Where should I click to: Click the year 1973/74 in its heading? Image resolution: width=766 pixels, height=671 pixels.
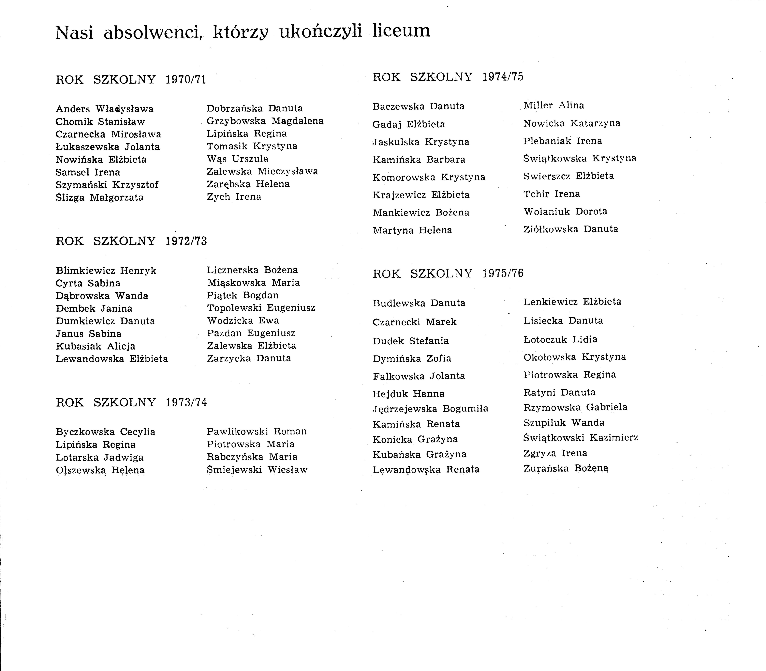186,402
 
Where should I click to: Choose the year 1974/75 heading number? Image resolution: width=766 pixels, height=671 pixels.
503,77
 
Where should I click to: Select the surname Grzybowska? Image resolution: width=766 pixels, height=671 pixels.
236,121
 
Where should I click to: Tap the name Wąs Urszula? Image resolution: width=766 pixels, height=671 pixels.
238,159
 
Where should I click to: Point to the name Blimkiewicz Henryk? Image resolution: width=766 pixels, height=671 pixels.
106,271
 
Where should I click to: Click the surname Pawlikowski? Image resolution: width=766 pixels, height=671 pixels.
237,431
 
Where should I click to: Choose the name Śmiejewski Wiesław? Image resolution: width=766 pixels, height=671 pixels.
257,470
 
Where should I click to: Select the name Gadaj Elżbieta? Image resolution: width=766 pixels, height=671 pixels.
409,124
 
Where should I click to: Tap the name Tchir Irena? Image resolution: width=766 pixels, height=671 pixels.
552,194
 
